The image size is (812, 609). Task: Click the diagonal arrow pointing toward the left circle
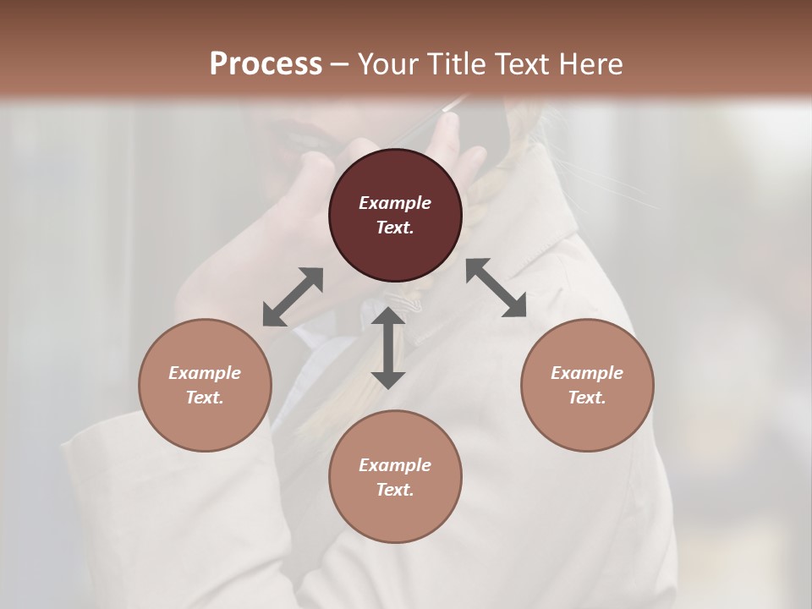click(293, 297)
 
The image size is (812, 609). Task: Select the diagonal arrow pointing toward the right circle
click(496, 288)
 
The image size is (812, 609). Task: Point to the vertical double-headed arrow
click(388, 348)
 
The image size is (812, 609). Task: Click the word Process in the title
click(266, 63)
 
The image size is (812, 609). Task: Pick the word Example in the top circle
click(395, 203)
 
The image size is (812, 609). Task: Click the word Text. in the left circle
click(205, 398)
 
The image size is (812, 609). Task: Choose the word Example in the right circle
click(587, 373)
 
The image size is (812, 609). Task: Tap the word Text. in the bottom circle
click(395, 490)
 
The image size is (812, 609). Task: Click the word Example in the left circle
click(205, 373)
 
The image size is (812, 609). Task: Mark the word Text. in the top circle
click(395, 228)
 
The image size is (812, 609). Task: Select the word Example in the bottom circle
click(395, 465)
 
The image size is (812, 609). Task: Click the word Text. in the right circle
click(587, 398)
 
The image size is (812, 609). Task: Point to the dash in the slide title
click(340, 64)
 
